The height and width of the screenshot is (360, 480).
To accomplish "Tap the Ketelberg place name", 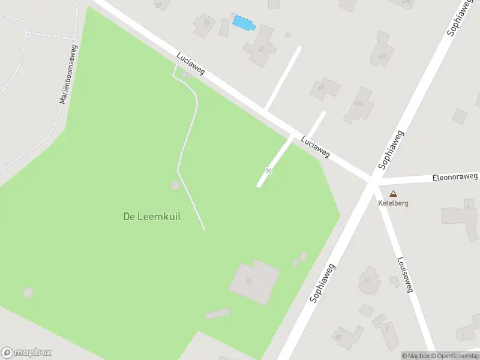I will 393,203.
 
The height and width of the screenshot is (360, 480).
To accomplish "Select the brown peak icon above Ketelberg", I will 393,194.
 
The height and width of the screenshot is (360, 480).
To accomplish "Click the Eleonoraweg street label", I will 455,177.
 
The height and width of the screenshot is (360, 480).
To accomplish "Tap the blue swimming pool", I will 243,23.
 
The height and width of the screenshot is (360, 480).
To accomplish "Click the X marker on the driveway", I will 268,171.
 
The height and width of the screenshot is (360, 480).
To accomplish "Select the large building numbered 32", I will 254,281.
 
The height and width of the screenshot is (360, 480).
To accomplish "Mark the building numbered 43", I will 325,89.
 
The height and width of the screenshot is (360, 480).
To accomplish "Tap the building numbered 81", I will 368,280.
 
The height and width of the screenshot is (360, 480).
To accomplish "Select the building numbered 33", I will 205,25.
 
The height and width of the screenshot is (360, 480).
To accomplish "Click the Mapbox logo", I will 26,353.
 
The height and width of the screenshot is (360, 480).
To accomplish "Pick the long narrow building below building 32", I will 218,314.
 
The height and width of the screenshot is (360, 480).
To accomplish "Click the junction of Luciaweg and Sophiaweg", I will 373,179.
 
